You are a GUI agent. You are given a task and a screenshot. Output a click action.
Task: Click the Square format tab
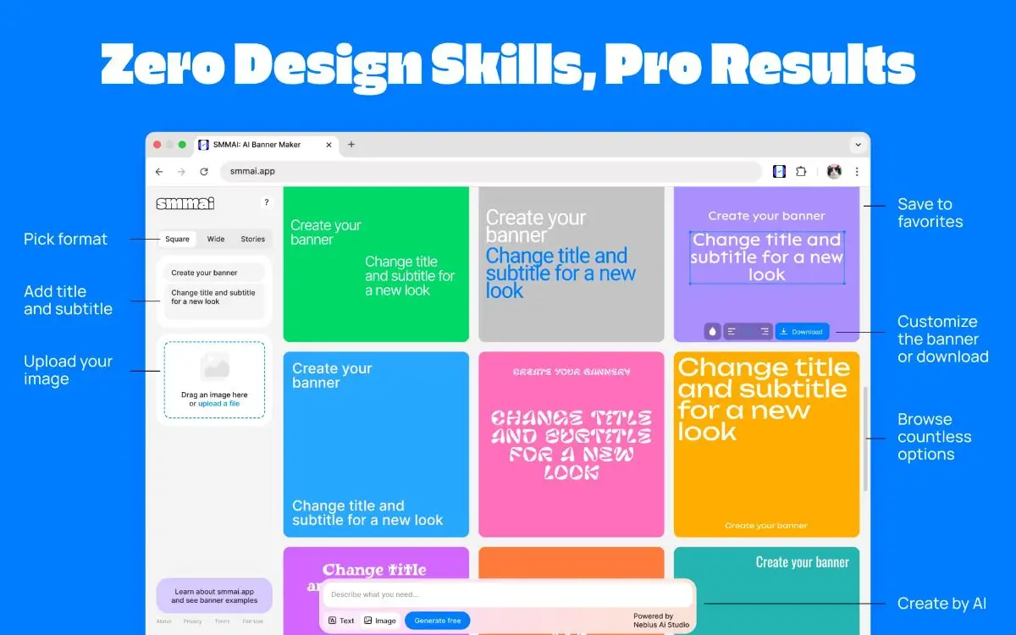click(x=178, y=240)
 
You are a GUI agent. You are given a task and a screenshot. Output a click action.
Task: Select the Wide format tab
click(x=216, y=240)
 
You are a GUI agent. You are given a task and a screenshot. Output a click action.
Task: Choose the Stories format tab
click(x=253, y=240)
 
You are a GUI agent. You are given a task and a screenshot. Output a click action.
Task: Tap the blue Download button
click(x=802, y=332)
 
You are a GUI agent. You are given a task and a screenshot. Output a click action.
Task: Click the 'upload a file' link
click(x=218, y=404)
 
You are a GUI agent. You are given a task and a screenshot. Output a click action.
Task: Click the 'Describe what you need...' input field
click(x=508, y=594)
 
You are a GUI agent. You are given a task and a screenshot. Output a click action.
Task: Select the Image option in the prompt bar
click(x=380, y=621)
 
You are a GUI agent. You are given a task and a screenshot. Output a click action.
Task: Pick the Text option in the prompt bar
click(x=342, y=621)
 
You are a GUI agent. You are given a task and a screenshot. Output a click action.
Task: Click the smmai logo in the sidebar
click(x=185, y=203)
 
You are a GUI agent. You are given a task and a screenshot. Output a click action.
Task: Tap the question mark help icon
click(x=266, y=202)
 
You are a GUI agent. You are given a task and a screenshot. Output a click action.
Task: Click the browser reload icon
click(x=204, y=172)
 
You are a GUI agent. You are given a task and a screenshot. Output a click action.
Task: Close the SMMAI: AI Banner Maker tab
click(x=329, y=145)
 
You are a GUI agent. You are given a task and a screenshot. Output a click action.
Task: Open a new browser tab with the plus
click(x=351, y=145)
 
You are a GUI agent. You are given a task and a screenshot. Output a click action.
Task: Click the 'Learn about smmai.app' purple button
click(x=214, y=596)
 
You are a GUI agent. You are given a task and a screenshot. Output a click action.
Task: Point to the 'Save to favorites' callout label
click(x=930, y=213)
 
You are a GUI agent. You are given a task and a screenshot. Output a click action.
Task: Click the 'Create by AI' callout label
click(x=941, y=604)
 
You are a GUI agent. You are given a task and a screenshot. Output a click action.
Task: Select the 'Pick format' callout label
click(x=66, y=240)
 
